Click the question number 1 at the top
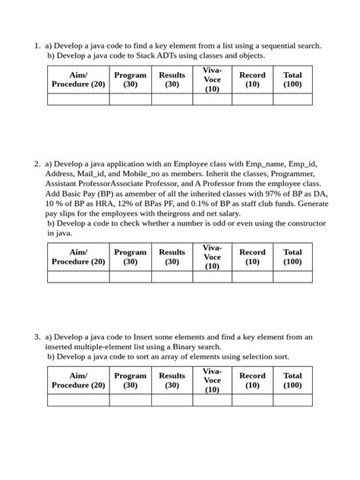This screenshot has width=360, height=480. point(36,46)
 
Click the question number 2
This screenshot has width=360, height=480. point(36,163)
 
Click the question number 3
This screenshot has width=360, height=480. point(36,336)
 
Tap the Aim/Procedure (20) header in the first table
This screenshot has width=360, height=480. point(78,80)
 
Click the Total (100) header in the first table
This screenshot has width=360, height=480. point(292,80)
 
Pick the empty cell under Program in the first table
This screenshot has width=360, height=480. point(131,99)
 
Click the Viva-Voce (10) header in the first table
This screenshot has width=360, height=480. point(212,80)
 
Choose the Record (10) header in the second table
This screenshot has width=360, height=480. point(252,257)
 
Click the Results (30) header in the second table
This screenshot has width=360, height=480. point(172,257)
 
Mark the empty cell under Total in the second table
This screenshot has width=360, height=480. point(292,277)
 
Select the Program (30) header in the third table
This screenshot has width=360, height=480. point(131,380)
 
